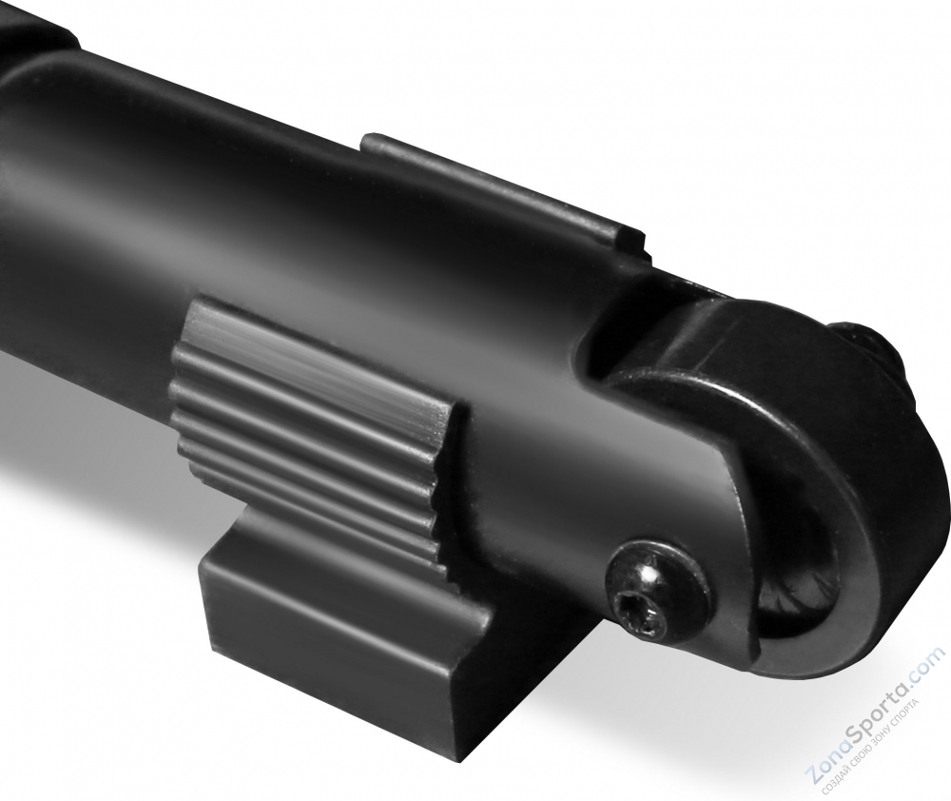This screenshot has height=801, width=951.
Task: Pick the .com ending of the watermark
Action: click(x=927, y=664)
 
